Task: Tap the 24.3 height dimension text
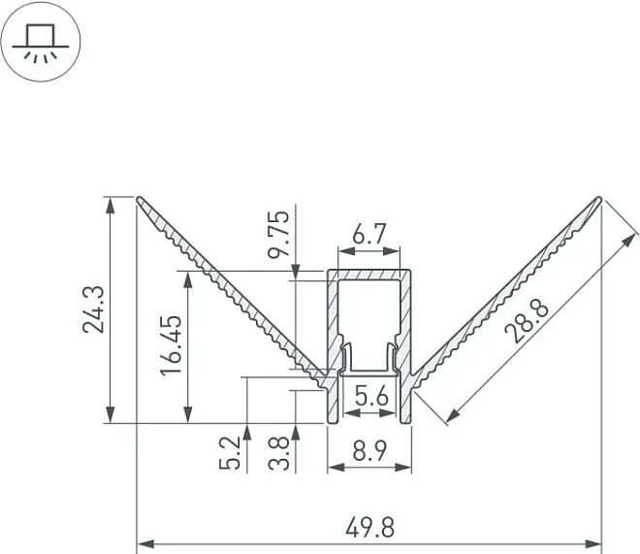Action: (94, 310)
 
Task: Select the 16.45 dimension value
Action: (171, 345)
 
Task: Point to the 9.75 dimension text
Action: (278, 234)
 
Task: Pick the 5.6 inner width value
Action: (371, 396)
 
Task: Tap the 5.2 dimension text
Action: (230, 453)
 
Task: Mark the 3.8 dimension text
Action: (279, 453)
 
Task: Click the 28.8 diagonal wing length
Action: (527, 321)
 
